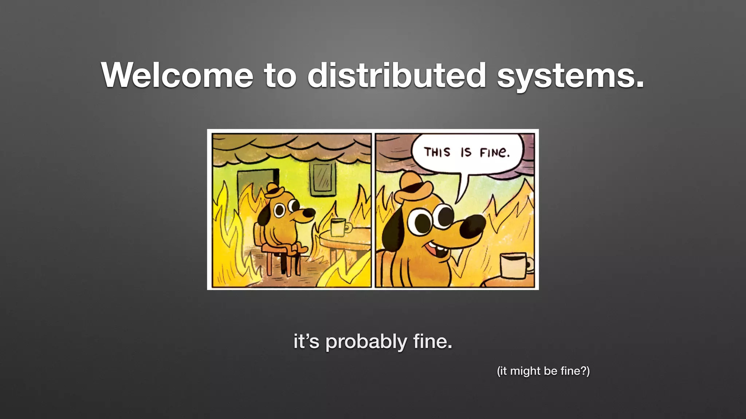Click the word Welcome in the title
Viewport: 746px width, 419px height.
click(177, 75)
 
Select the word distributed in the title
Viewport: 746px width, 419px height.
click(397, 75)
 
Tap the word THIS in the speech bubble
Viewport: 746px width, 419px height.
click(437, 152)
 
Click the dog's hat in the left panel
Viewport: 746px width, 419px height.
click(274, 190)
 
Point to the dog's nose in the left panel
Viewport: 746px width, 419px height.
click(309, 213)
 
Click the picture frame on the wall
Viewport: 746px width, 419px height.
click(323, 179)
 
